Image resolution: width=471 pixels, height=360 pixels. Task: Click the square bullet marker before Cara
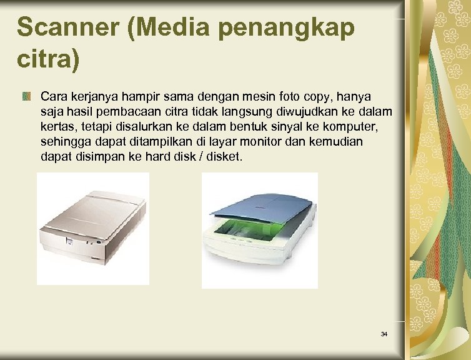[x=27, y=97]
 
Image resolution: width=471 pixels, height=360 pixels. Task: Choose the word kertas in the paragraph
[x=57, y=127]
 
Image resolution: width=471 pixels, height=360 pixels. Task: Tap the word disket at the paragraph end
[x=222, y=157]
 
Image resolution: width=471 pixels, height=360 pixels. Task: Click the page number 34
[x=384, y=334]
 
